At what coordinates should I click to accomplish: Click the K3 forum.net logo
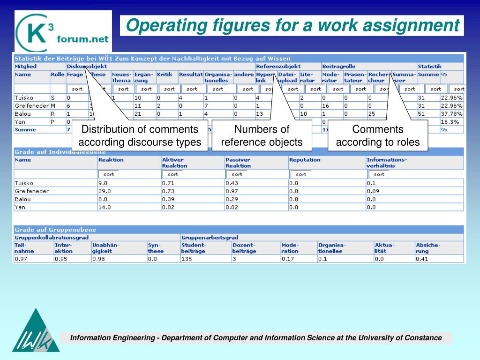63,31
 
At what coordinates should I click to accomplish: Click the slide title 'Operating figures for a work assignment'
292,25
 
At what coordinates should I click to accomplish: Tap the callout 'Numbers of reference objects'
262,135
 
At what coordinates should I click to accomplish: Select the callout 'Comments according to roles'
378,135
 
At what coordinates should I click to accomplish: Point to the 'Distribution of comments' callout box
140,135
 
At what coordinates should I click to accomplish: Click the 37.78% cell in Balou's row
451,114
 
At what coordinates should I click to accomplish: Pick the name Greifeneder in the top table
32,106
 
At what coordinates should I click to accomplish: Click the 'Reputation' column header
305,160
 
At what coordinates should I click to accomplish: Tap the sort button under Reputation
301,174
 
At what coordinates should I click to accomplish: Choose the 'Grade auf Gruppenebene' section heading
55,230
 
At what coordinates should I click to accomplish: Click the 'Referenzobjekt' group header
278,67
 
